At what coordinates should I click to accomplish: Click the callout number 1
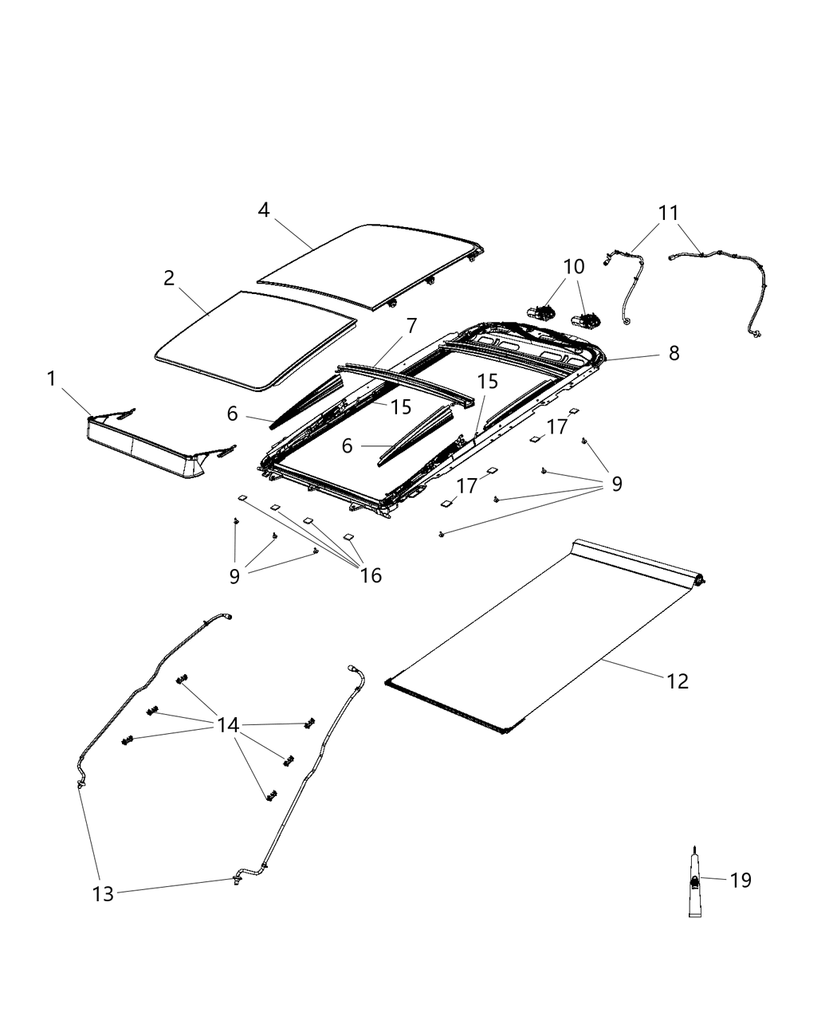[52, 379]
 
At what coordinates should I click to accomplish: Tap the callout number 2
[169, 278]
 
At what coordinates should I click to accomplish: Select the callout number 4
[264, 210]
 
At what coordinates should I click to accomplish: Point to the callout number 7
[411, 326]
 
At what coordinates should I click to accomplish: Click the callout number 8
[674, 353]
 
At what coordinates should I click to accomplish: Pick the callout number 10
[574, 266]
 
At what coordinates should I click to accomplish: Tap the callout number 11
[668, 213]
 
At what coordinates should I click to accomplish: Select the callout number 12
[677, 681]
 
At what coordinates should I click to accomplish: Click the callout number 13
[104, 894]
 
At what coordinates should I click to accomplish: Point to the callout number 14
[228, 725]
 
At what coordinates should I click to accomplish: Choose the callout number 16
[371, 575]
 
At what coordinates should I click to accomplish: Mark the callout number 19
[741, 881]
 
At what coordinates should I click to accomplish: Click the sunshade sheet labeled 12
[542, 637]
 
